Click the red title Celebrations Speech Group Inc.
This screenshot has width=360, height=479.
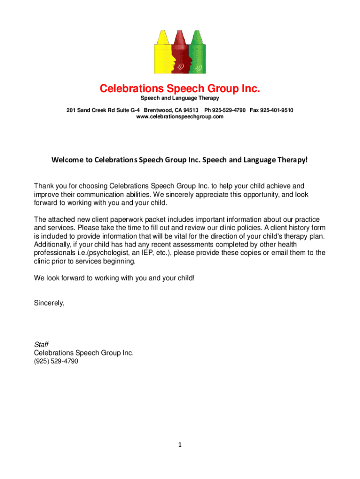point(180,88)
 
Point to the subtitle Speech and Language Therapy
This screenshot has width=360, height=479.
point(180,98)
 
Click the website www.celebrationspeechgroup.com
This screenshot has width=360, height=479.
point(180,116)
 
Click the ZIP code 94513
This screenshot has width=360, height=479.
point(191,110)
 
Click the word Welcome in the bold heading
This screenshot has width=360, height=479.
point(66,160)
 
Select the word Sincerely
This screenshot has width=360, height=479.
point(49,303)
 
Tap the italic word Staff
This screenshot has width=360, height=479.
point(41,345)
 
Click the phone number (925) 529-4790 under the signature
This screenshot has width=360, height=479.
point(56,362)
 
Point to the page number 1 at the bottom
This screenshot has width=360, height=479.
point(180,445)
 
